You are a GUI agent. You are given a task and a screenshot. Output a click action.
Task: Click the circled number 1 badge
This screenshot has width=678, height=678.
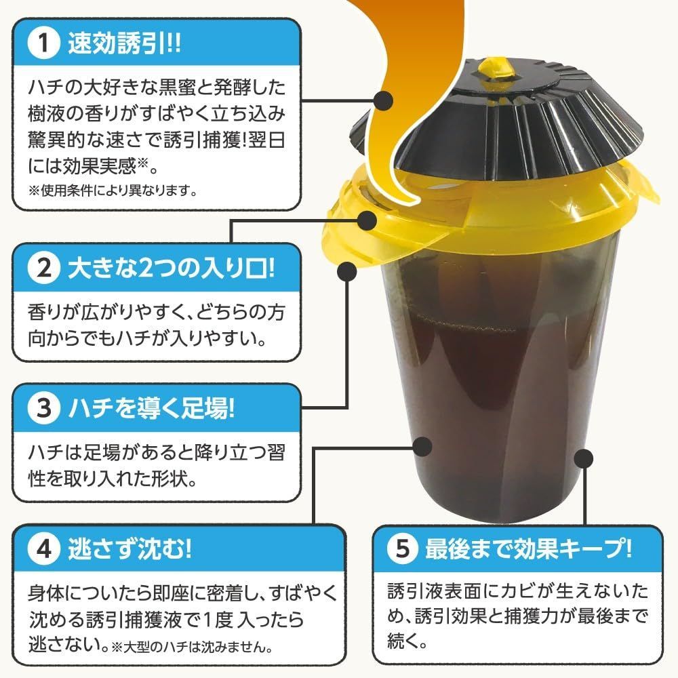43,43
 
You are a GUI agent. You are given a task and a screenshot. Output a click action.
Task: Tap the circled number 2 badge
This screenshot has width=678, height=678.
43,268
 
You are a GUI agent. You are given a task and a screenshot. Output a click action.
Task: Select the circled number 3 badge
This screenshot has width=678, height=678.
43,408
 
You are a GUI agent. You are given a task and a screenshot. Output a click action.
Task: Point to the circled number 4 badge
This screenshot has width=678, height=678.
43,549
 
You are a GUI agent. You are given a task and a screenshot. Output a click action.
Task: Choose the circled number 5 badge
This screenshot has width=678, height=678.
403,549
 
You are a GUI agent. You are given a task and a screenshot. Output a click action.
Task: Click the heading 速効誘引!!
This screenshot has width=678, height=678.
125,43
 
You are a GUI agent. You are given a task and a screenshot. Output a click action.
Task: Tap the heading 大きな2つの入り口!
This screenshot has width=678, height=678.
172,268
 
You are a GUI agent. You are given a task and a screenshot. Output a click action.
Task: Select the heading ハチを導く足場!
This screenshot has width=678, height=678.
151,408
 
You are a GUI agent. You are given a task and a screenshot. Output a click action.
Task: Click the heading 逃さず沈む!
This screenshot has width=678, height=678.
129,549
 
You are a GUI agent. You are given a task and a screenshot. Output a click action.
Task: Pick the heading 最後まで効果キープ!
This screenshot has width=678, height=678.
528,549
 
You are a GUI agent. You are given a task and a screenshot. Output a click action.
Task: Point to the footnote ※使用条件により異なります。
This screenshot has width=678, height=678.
113,191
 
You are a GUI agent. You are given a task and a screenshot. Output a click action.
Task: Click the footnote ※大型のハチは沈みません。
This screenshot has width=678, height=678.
192,647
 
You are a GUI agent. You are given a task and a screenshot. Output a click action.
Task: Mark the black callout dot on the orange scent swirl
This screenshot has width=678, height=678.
382,101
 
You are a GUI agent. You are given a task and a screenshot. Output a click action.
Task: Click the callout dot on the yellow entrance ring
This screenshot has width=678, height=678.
367,220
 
